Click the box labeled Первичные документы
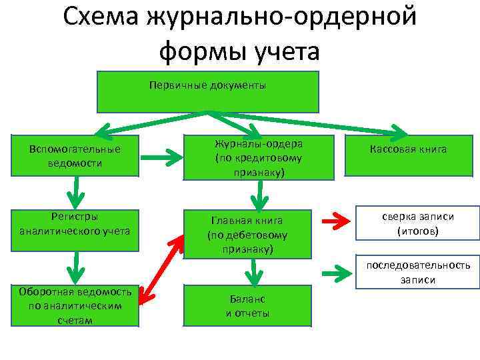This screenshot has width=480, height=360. (208, 92)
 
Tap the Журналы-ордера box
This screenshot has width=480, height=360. (258, 158)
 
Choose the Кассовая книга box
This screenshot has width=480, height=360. (409, 149)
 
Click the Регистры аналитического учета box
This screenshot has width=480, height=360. (75, 224)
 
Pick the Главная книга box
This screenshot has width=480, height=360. (247, 235)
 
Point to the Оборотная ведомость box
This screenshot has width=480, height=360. (75, 306)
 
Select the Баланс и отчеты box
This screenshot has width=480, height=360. (247, 306)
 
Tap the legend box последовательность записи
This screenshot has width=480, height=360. (418, 271)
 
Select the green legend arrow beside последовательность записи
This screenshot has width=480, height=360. (337, 272)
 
